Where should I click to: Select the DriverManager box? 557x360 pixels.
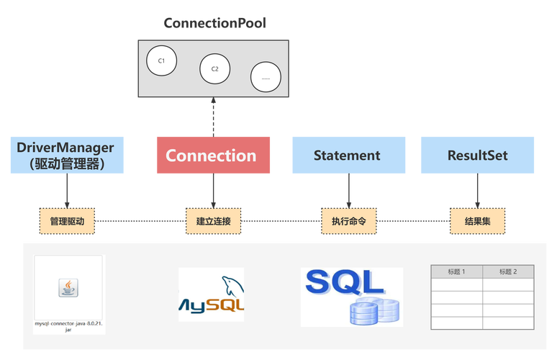(66, 155)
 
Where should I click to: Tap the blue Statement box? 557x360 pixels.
(347, 155)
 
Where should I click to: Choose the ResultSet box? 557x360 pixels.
(477, 155)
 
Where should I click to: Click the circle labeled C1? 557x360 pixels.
(161, 61)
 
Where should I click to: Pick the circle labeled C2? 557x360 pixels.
(214, 69)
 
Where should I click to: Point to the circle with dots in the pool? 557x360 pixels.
(266, 77)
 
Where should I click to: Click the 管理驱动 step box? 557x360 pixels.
(67, 222)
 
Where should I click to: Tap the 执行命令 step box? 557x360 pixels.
(348, 222)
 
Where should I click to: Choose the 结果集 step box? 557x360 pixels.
(476, 222)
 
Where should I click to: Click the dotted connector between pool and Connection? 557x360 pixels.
(213, 117)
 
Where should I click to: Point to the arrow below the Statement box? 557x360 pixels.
(348, 191)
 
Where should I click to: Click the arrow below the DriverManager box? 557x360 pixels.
(67, 191)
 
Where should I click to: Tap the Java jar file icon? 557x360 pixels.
(68, 288)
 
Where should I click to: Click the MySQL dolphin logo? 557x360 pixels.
(232, 284)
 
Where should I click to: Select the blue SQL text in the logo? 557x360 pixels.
(339, 282)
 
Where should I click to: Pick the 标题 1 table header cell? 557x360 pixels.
(456, 271)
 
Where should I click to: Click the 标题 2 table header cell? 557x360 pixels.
(508, 271)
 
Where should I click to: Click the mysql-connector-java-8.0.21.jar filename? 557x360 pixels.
(69, 327)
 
